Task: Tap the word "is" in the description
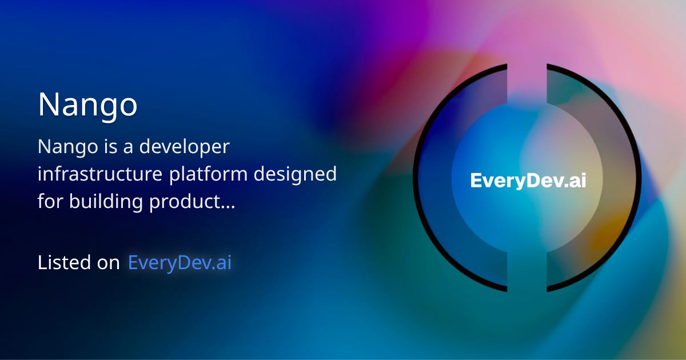pos(110,146)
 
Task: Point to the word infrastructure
pos(100,174)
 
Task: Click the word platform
pos(208,174)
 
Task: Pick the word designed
pos(295,174)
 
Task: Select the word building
pos(106,202)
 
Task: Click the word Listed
pos(64,262)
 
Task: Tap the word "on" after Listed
pos(108,264)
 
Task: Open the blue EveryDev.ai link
pos(180,263)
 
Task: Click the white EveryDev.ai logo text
pos(528,181)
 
